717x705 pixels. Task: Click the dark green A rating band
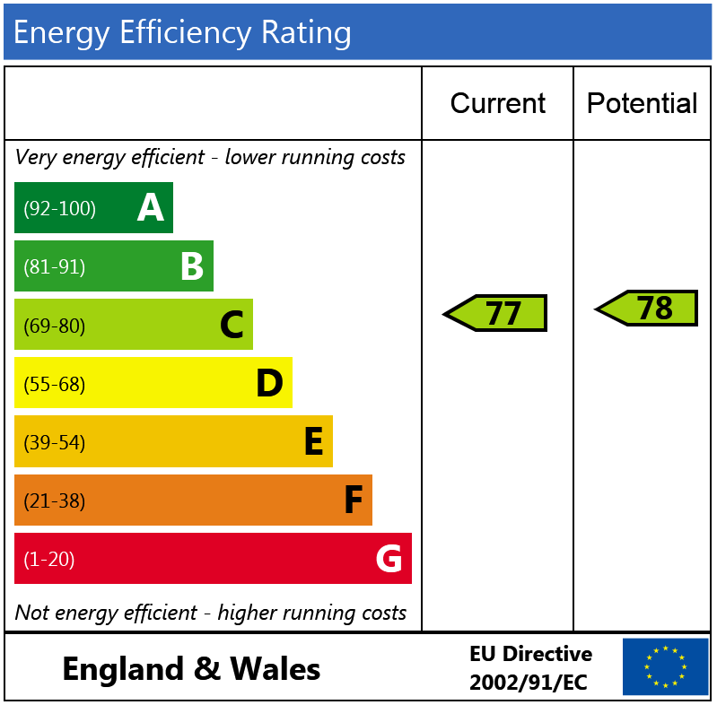(x=93, y=208)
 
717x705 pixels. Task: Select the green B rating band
(x=113, y=266)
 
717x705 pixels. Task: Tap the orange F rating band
(x=193, y=500)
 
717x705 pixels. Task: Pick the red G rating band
(x=213, y=559)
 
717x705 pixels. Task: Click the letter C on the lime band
(x=232, y=325)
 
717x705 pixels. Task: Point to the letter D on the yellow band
(x=269, y=384)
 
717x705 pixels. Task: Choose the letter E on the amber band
(x=313, y=442)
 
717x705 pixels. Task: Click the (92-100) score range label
(x=59, y=209)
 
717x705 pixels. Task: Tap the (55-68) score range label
(x=54, y=385)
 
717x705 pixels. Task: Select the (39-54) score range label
(x=54, y=443)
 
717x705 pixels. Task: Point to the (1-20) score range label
(x=48, y=560)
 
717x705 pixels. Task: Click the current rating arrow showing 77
(x=496, y=313)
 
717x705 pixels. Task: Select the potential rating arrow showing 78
(x=648, y=309)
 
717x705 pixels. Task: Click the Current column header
(x=497, y=104)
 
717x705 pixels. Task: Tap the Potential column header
(x=642, y=104)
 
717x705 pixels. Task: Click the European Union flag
(x=665, y=666)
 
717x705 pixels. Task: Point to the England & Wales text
(x=191, y=669)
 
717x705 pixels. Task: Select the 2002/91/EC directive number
(x=528, y=683)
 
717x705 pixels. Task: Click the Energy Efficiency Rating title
(x=182, y=33)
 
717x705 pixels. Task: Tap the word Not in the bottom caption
(x=31, y=613)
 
